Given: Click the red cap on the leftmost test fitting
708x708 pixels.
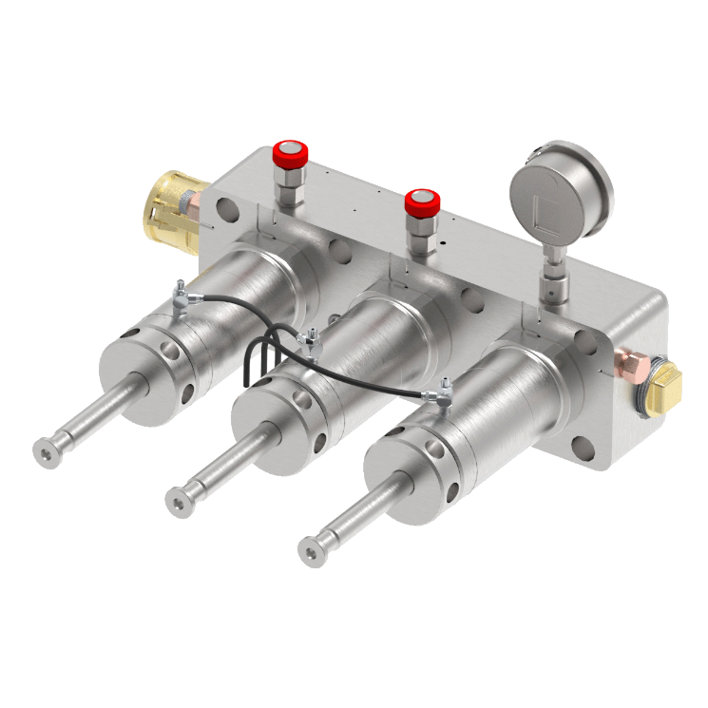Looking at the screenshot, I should (x=290, y=152).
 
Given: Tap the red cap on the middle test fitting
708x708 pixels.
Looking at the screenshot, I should (x=421, y=202).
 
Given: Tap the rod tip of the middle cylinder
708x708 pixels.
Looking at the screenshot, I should (x=178, y=499).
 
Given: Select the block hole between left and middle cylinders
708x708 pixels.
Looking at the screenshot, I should (x=335, y=249).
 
